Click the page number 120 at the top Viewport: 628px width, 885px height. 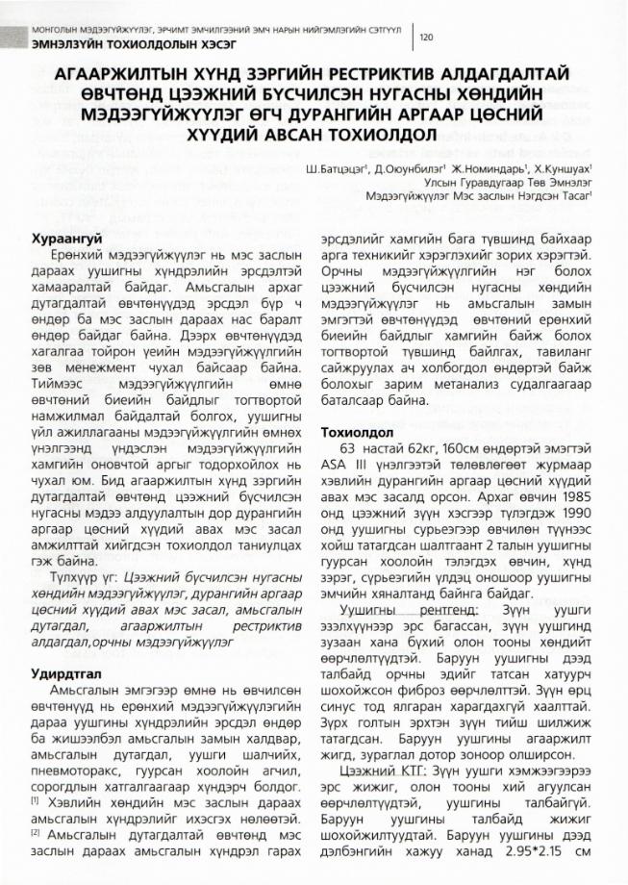[x=427, y=37]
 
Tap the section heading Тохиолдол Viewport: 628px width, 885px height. [x=359, y=435]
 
